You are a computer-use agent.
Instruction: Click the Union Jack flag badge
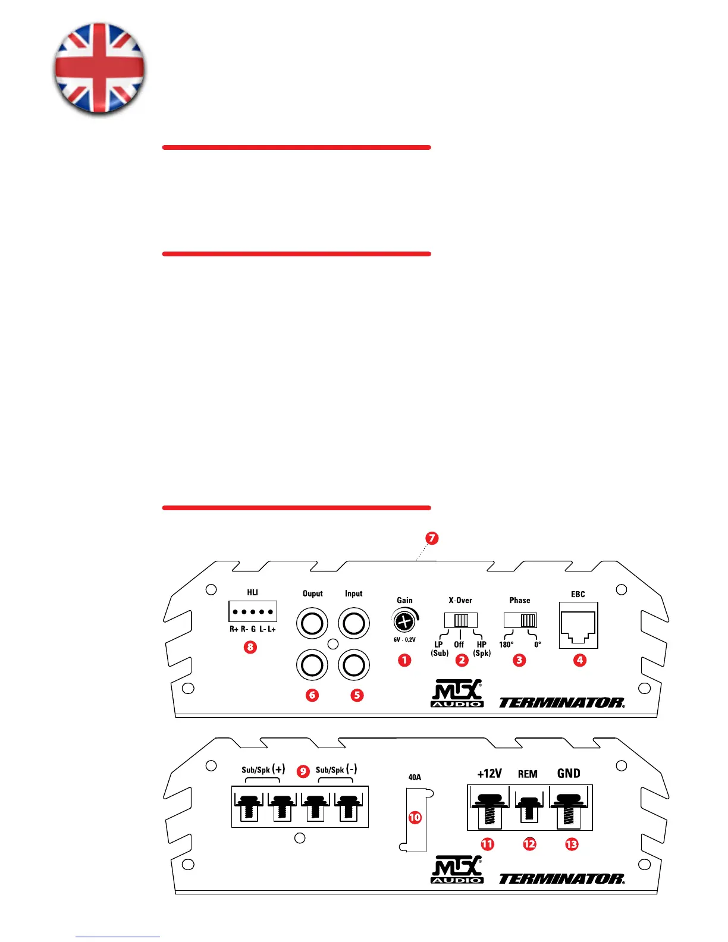[x=99, y=68]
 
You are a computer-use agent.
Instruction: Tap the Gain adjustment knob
[x=404, y=622]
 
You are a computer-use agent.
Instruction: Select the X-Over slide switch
[x=461, y=620]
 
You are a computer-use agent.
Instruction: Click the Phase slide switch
[x=520, y=620]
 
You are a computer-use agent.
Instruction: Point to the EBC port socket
[x=578, y=626]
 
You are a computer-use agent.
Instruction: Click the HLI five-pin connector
[x=253, y=611]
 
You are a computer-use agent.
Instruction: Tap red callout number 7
[x=432, y=538]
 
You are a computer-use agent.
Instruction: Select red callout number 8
[x=250, y=646]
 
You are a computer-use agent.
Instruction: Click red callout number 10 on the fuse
[x=415, y=817]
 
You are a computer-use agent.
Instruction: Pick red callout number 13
[x=571, y=844]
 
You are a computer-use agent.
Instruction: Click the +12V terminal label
[x=489, y=774]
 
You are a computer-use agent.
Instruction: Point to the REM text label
[x=528, y=774]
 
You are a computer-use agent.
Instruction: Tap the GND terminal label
[x=569, y=774]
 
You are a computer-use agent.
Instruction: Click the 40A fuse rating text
[x=415, y=777]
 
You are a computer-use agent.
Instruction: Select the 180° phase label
[x=506, y=645]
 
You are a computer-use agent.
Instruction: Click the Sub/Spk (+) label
[x=263, y=770]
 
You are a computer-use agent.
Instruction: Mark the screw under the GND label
[x=569, y=808]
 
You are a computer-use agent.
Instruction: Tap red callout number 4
[x=579, y=660]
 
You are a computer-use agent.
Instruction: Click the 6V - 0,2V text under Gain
[x=404, y=640]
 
